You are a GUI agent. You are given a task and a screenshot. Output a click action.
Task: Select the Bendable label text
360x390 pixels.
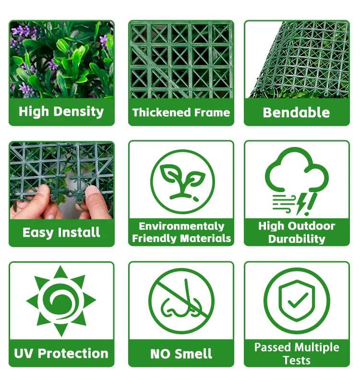pos(296,112)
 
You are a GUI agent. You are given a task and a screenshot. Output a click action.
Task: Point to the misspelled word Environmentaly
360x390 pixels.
pos(181,226)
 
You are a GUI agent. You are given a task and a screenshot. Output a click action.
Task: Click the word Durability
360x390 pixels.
pos(297,239)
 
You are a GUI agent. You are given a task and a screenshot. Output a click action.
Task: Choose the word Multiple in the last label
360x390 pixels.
pos(317,347)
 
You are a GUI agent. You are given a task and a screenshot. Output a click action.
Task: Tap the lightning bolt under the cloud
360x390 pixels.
pos(301,204)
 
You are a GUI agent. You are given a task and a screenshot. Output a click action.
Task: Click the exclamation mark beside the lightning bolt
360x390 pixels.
pos(311,204)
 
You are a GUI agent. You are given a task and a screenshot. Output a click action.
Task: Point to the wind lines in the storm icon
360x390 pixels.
pos(283,204)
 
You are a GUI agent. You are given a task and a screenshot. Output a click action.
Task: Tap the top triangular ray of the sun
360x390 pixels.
pos(60,272)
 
